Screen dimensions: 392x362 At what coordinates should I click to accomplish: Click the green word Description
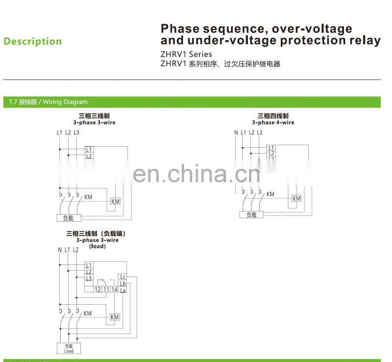(33, 42)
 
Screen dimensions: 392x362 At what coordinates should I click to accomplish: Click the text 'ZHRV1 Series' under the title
(187, 54)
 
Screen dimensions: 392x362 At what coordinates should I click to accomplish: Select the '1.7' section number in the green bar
(13, 102)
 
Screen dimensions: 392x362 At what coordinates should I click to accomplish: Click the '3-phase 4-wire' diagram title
(273, 123)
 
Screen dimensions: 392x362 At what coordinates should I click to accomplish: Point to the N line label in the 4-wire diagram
(236, 132)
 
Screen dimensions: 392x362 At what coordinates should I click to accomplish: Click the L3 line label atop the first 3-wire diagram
(76, 132)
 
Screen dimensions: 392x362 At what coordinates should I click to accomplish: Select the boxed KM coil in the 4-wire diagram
(296, 198)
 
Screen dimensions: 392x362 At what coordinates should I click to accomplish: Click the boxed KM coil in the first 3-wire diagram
(116, 202)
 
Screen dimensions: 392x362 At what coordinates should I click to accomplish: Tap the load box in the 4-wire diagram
(251, 215)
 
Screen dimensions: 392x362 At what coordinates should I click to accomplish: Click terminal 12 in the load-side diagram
(98, 290)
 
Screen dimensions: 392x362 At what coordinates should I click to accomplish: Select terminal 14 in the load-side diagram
(114, 290)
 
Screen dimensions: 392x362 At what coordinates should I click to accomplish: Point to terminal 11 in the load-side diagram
(106, 290)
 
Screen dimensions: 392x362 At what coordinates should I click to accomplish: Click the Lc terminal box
(122, 277)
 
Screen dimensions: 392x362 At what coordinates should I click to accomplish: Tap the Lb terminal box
(122, 284)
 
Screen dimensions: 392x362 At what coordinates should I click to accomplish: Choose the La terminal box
(122, 290)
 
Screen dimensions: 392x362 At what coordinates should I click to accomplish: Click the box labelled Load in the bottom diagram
(69, 348)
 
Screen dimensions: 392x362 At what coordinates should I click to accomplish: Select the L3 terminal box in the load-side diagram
(89, 279)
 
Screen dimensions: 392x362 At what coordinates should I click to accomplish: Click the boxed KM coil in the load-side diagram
(115, 317)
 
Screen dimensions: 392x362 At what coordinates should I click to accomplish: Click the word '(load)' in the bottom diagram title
(97, 246)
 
